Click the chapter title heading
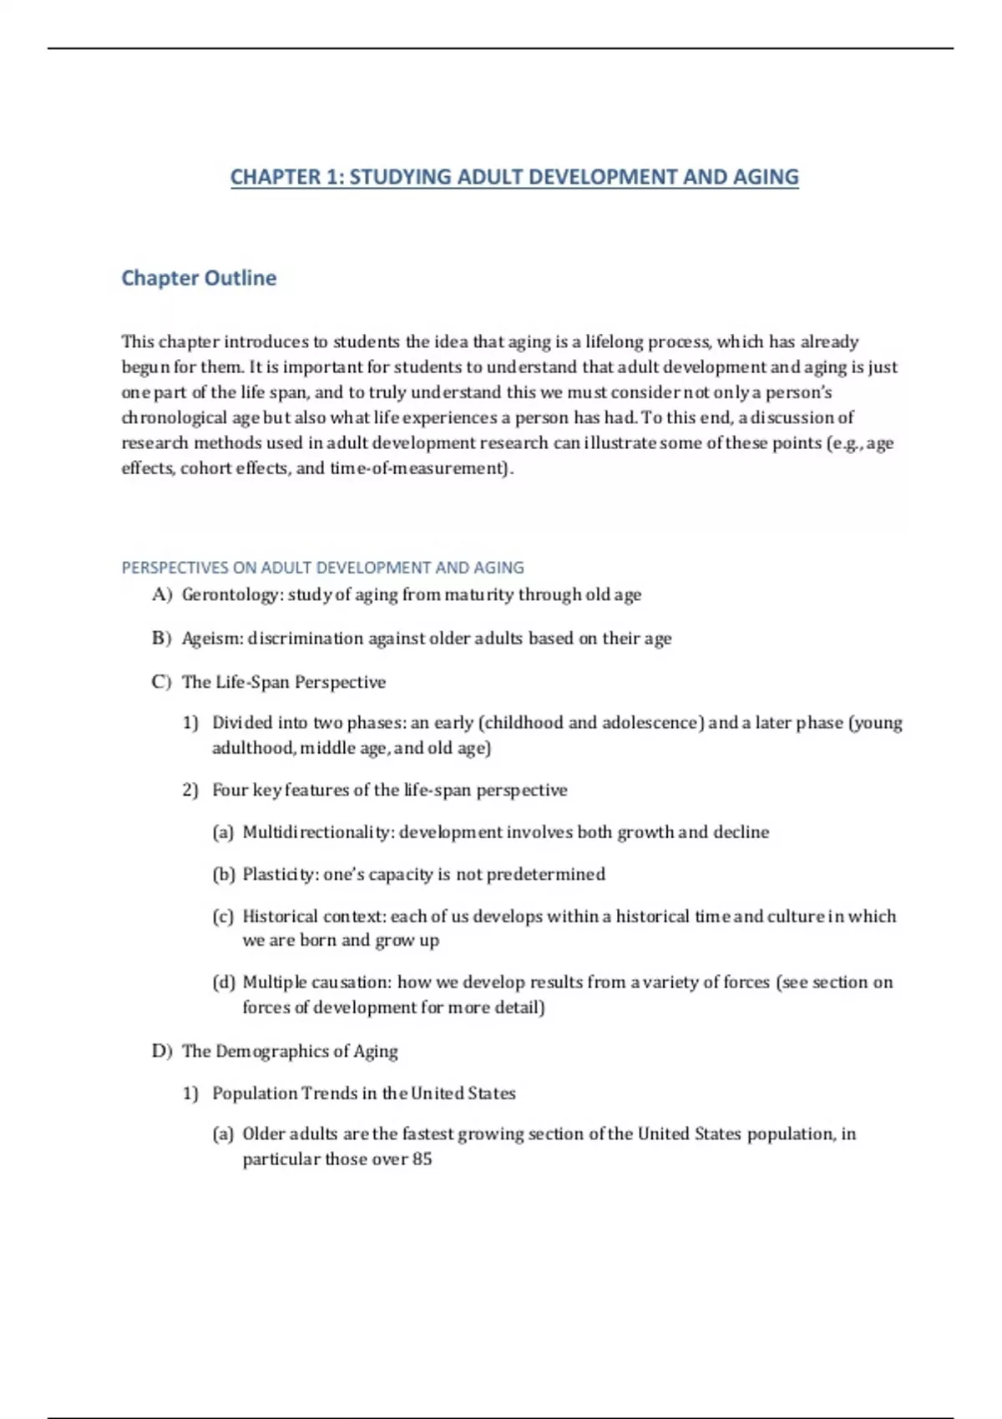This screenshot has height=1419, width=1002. point(514,177)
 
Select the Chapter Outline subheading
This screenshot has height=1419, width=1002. point(199,278)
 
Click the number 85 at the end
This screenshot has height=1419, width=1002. point(422,1159)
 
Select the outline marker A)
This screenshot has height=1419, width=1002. point(161,594)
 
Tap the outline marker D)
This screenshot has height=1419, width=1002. point(161,1051)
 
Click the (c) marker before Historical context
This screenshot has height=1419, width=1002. point(223,916)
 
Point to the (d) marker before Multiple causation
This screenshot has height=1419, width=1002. point(223,982)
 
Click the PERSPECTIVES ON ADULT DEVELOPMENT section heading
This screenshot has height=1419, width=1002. point(322,568)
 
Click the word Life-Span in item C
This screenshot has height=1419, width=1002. point(252,682)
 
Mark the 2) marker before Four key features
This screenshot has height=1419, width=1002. point(190,790)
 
